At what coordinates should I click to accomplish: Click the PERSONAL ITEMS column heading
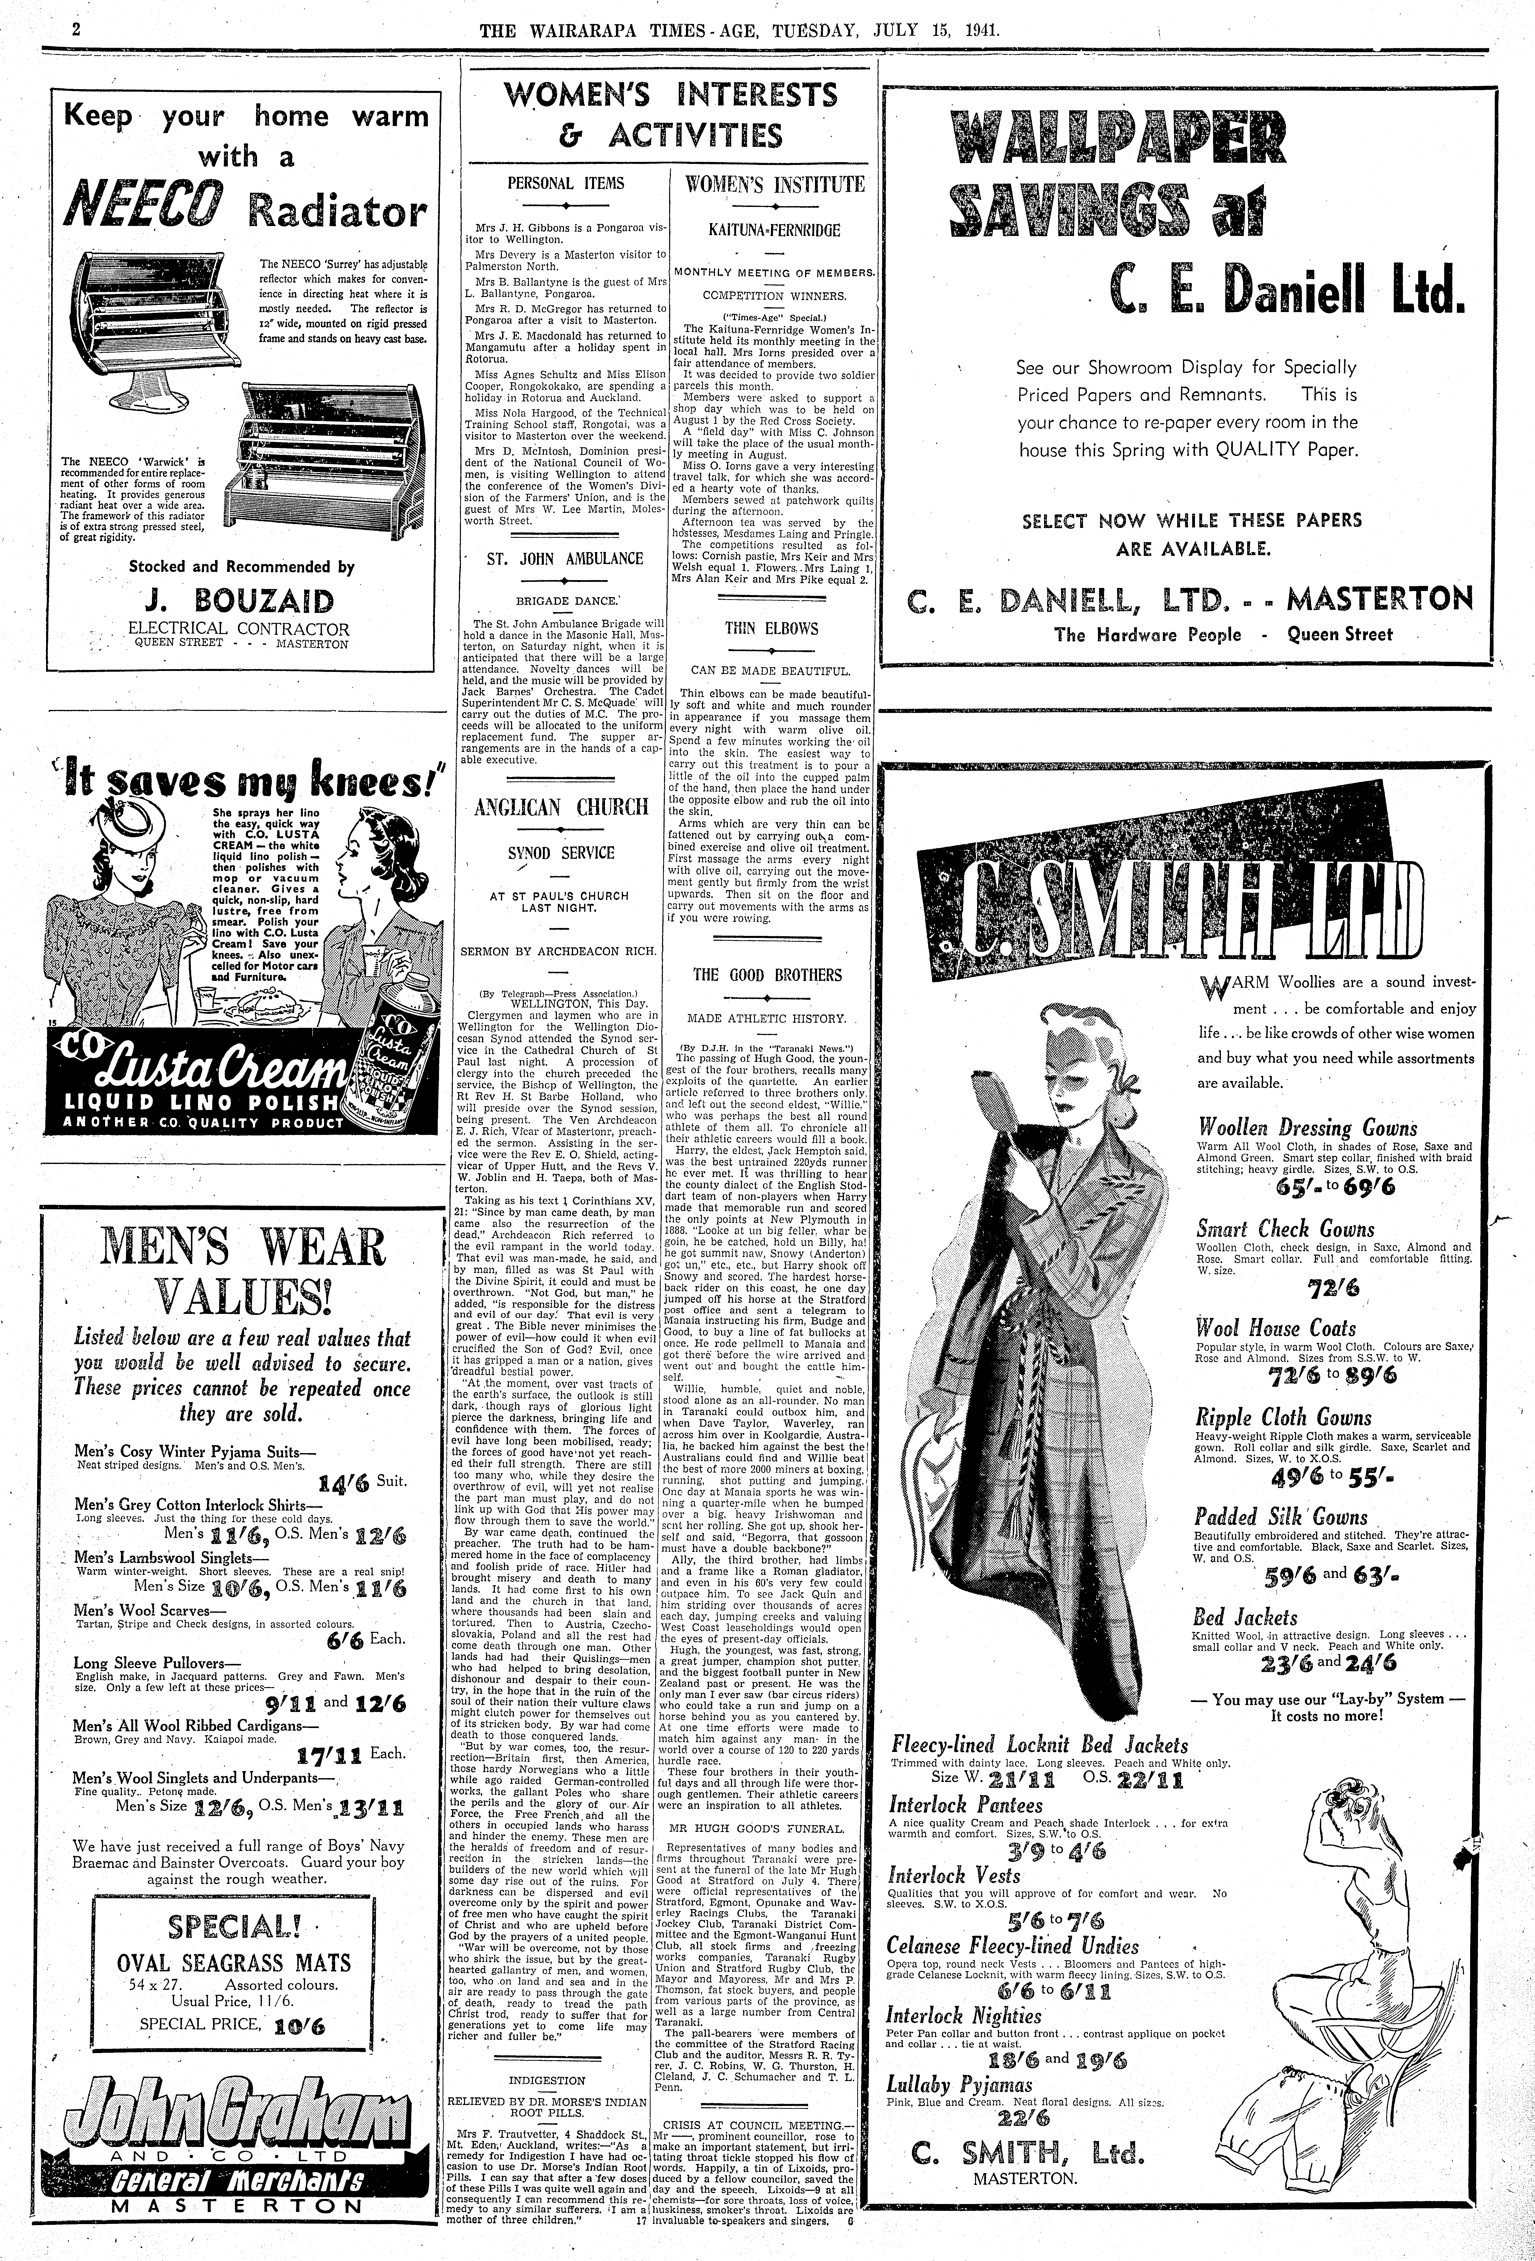pos(566,183)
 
